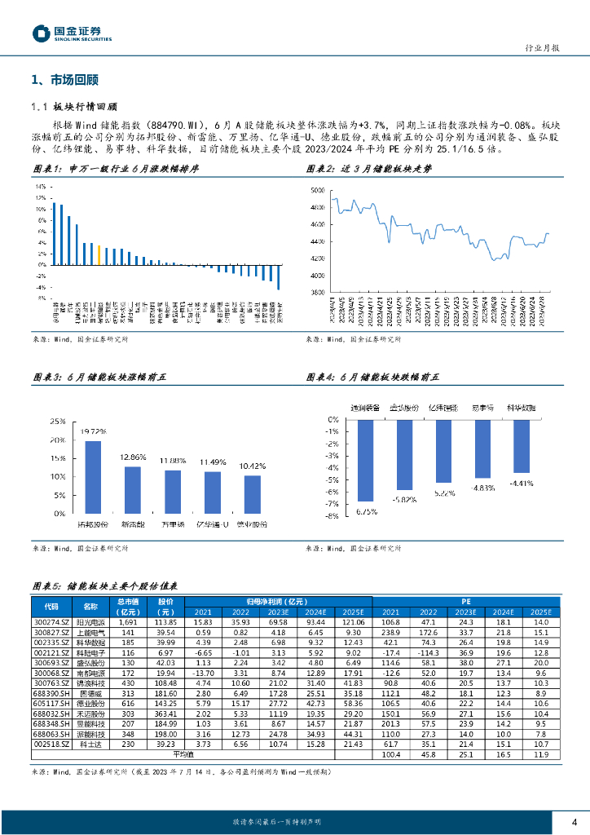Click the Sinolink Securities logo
[x=71, y=33]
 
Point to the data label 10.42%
[x=252, y=466]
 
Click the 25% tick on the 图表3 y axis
[x=58, y=422]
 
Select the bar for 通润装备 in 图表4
[x=364, y=460]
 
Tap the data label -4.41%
[x=521, y=484]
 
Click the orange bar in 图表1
[x=99, y=254]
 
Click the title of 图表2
[x=372, y=169]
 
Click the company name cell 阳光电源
[x=85, y=622]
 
